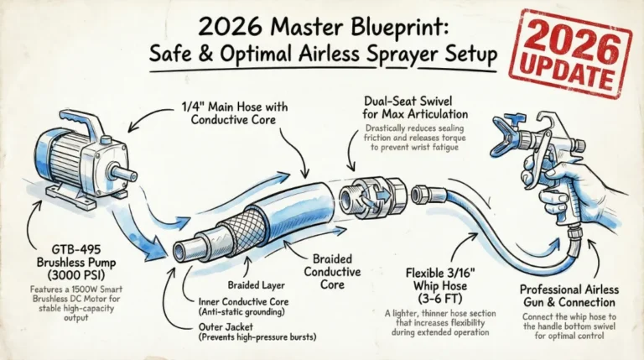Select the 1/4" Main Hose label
click(224, 111)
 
